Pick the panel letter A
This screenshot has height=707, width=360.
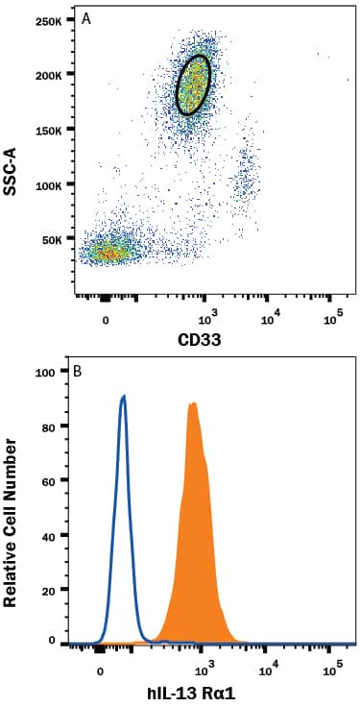coord(87,18)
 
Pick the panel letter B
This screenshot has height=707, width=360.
coord(87,371)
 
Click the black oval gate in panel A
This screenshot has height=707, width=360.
coord(194,85)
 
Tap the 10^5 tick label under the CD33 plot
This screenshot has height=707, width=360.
coord(333,315)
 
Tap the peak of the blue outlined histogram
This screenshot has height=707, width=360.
coord(123,396)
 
